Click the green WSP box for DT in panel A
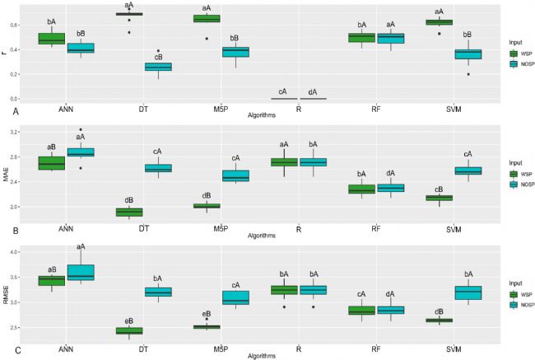[x=129, y=14]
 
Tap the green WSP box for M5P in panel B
[x=206, y=206]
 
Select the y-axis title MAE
[x=7, y=175]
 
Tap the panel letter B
[x=6, y=231]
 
